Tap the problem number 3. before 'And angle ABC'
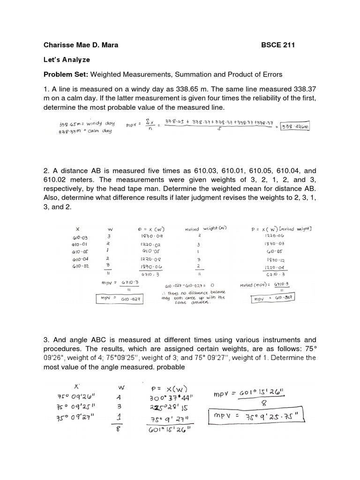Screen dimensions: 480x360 [46, 339]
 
